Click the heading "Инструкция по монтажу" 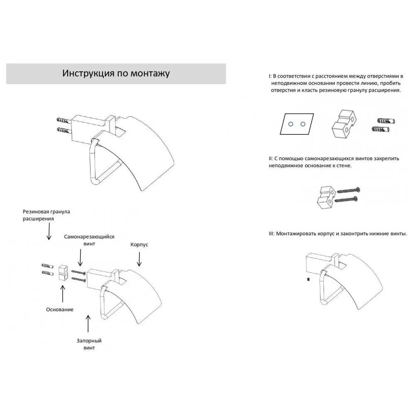point(116,73)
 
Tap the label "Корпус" point(139,245)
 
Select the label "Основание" point(60,310)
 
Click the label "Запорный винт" point(89,344)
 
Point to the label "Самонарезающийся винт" point(89,240)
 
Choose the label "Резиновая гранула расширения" point(46,215)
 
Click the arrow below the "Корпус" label point(139,259)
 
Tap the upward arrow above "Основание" point(62,293)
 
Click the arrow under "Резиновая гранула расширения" point(49,231)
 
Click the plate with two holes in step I point(297,124)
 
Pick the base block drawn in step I point(344,124)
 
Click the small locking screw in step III point(308,280)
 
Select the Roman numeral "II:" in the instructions point(271,159)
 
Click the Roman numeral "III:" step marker point(271,234)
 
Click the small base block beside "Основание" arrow point(63,272)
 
